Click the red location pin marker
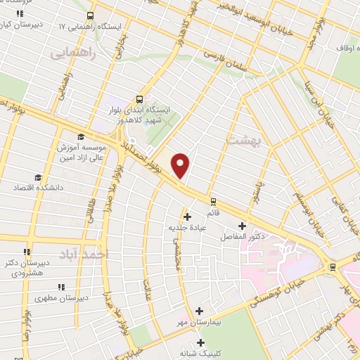(x=181, y=165)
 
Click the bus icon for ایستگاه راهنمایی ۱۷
(x=89, y=15)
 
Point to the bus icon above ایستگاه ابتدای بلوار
(x=139, y=99)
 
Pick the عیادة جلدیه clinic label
(x=186, y=227)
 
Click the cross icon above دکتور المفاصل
(x=243, y=226)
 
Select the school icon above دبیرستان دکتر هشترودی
(x=27, y=252)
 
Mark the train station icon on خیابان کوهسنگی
(x=332, y=266)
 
